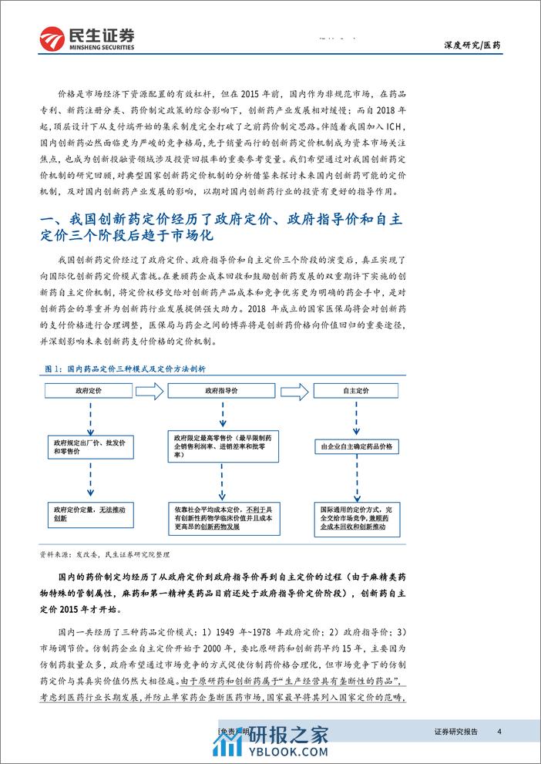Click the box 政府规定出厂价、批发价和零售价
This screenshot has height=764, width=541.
point(90,446)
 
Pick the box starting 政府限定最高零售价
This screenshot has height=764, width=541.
point(224,446)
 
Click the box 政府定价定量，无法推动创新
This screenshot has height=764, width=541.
point(90,514)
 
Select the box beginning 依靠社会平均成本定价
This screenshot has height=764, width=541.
point(224,514)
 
